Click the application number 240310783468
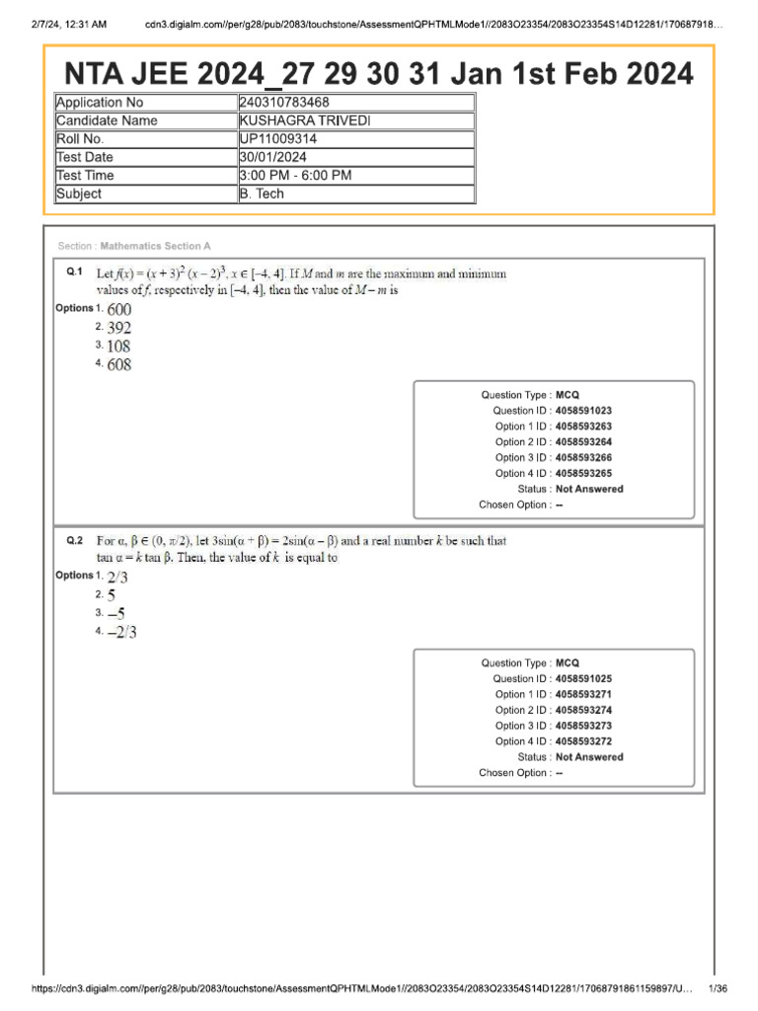(x=285, y=103)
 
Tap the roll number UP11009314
(x=278, y=139)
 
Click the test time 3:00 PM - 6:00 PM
(x=296, y=176)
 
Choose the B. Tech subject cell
(x=262, y=194)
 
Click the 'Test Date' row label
(x=85, y=157)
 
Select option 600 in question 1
(x=119, y=309)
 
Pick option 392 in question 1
(x=119, y=328)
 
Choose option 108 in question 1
(x=119, y=347)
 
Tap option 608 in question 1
(x=119, y=365)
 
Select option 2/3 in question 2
(x=117, y=578)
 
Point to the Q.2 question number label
(x=74, y=541)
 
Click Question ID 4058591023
(x=589, y=410)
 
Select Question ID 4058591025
(x=589, y=678)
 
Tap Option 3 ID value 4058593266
(x=589, y=457)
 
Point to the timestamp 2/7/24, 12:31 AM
(x=64, y=24)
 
